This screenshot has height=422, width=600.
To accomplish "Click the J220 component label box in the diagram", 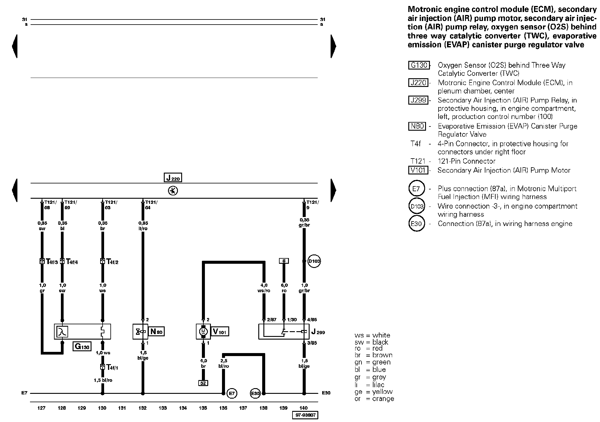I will tap(173, 178).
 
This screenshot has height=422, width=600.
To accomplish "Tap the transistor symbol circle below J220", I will tap(173, 191).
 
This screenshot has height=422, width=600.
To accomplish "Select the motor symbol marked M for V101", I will tap(203, 331).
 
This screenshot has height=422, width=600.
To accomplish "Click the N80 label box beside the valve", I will tap(157, 331).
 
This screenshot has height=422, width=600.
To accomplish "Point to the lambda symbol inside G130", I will tap(62, 332).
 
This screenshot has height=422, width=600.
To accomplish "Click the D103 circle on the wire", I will tap(314, 261).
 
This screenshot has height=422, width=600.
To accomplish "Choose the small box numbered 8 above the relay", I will tap(283, 261).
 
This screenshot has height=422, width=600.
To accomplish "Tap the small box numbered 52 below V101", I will tap(203, 383).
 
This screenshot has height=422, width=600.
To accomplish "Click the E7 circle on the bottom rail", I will tap(232, 393).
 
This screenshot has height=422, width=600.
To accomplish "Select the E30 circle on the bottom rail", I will tap(255, 393).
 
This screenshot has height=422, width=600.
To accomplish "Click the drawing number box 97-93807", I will tap(305, 415).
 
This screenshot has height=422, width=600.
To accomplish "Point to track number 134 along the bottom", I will tap(183, 408).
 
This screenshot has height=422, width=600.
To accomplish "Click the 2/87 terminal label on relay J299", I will tap(271, 320).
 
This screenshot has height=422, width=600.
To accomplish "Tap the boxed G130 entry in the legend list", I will tap(419, 65).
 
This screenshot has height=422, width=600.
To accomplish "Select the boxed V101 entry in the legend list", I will tap(418, 170).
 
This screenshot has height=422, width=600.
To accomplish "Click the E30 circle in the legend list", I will tap(416, 224).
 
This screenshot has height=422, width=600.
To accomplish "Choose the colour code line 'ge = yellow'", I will tap(374, 392).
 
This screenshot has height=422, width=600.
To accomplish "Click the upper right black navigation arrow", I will tap(333, 46).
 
